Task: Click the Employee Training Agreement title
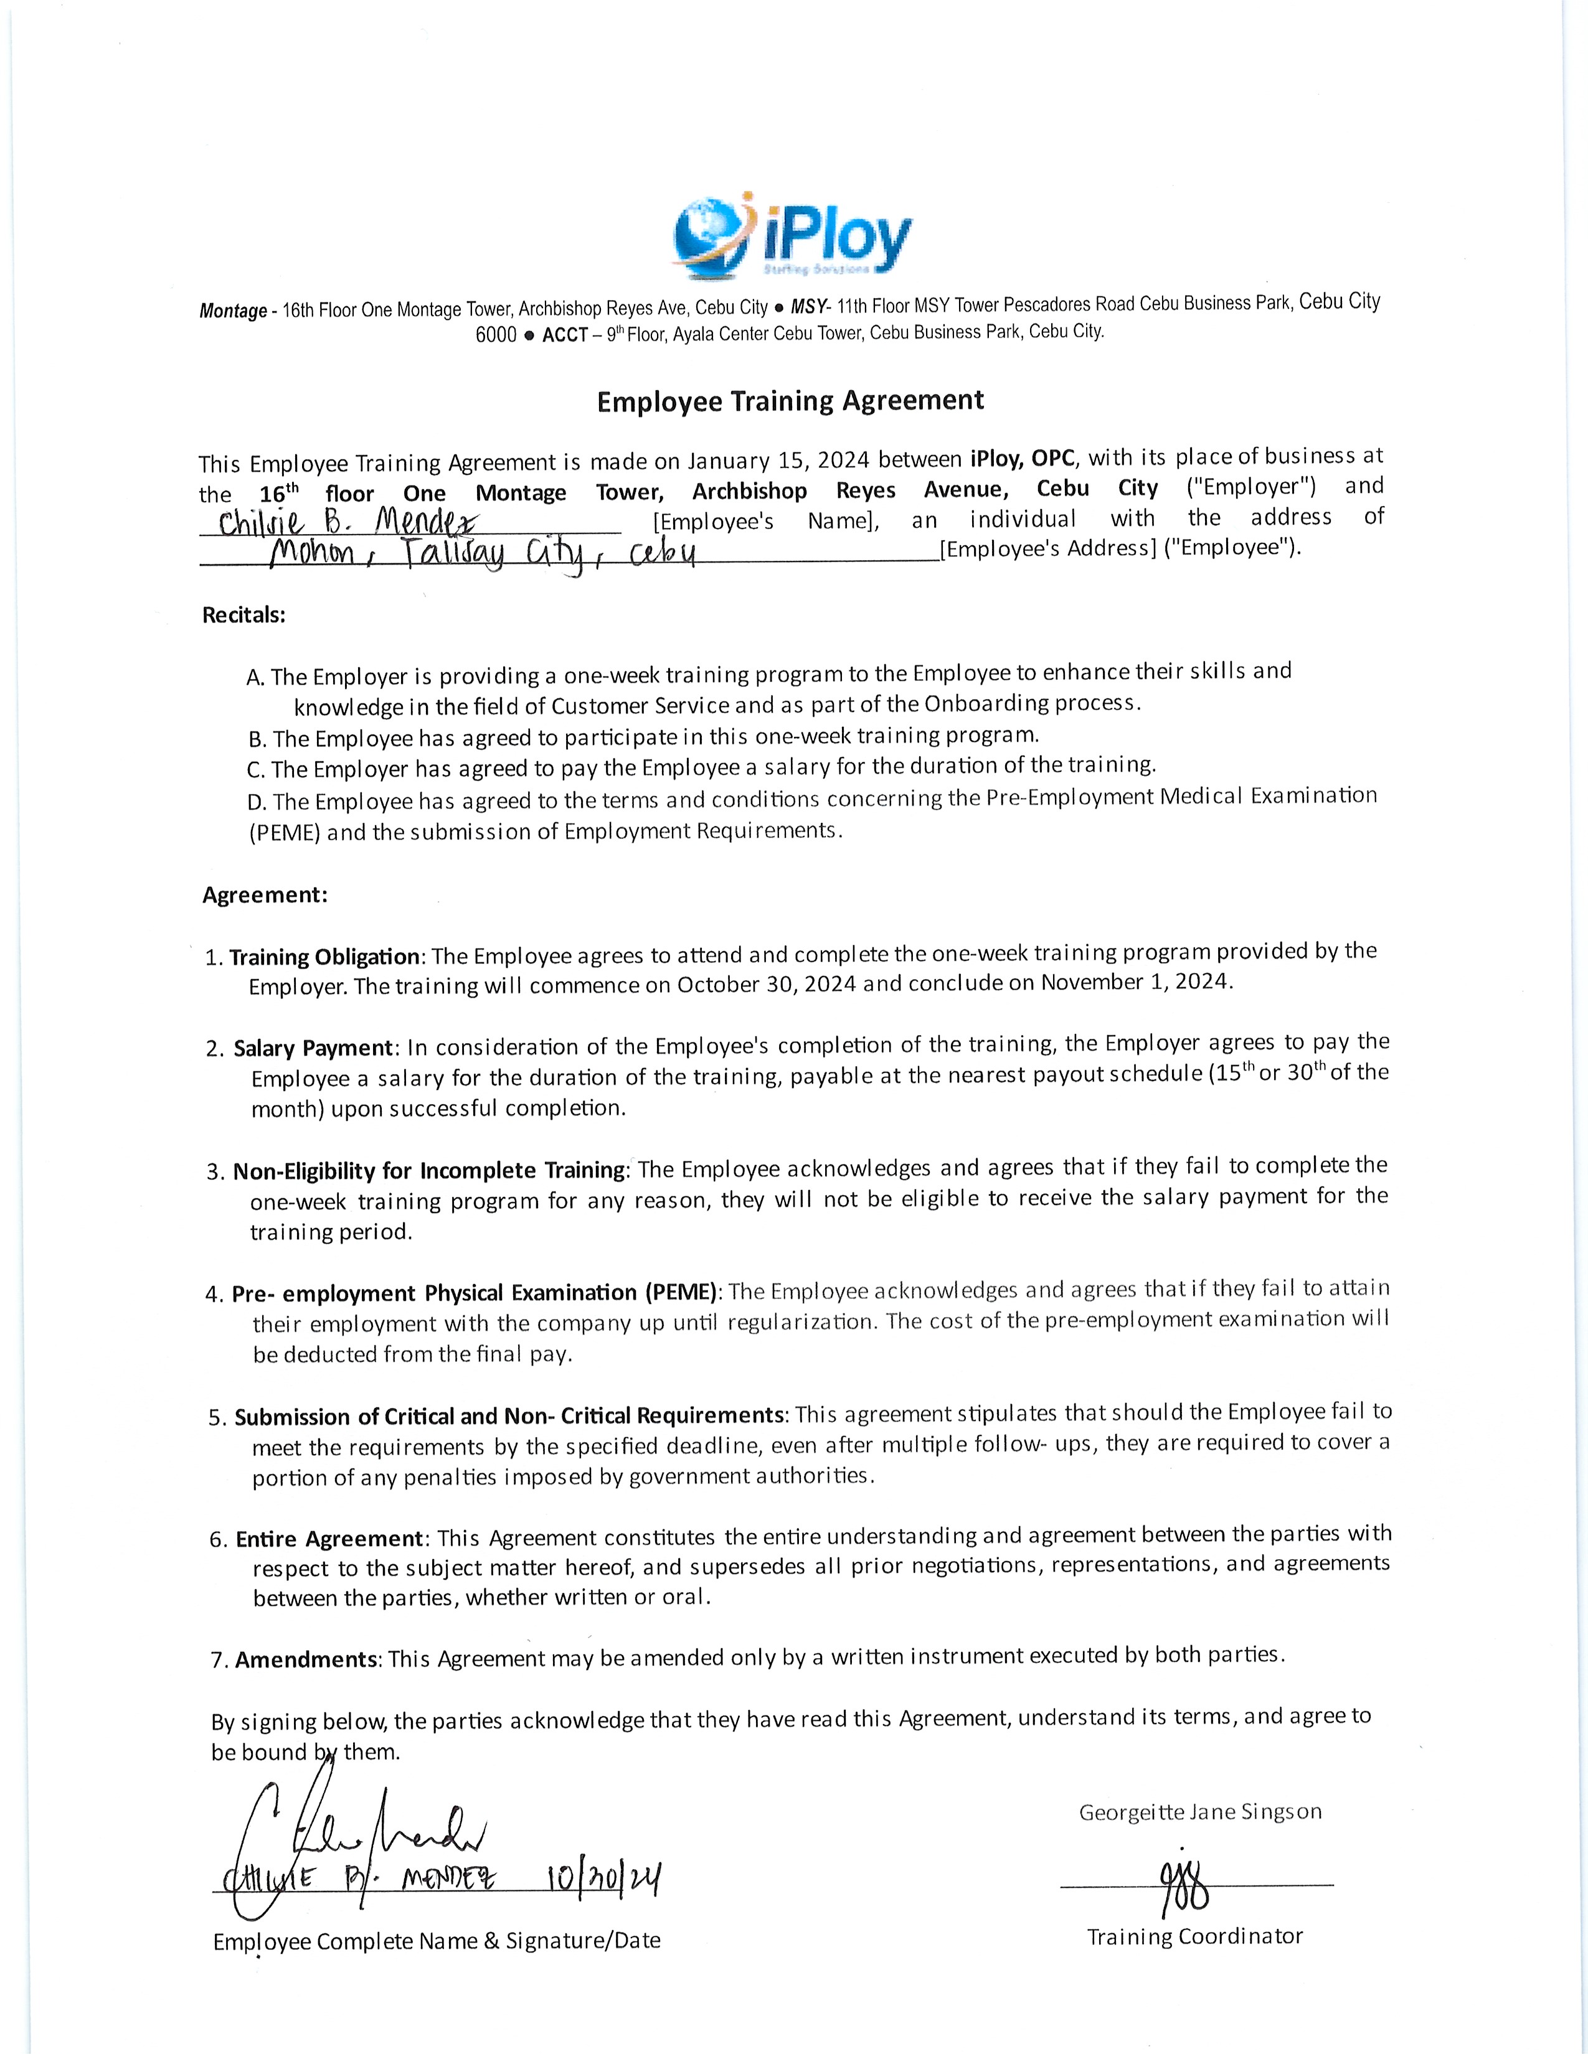790,401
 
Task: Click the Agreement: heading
264,894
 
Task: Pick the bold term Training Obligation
324,957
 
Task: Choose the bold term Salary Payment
313,1048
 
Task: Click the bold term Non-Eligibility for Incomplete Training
429,1171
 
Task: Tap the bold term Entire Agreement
329,1539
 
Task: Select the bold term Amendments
306,1660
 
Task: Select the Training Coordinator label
1195,1936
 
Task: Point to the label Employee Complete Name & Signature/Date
437,1940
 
